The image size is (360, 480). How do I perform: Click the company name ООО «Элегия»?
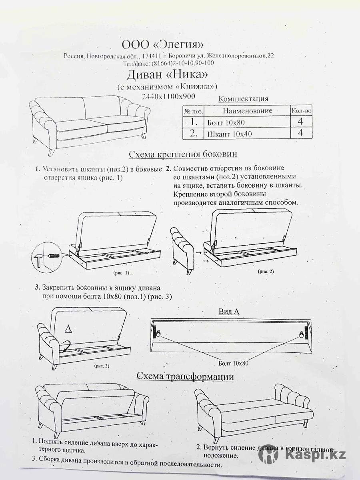(164, 44)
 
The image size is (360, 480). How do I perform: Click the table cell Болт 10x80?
(226, 122)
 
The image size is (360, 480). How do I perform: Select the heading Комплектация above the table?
(244, 99)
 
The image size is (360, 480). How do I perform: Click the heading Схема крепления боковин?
(183, 154)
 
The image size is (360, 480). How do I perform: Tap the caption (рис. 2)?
(265, 272)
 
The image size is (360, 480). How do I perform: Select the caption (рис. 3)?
(102, 366)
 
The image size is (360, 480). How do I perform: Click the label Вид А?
(229, 311)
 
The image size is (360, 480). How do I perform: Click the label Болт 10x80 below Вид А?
(234, 363)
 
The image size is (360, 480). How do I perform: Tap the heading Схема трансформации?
(185, 376)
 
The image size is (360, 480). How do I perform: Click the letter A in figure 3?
(68, 328)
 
